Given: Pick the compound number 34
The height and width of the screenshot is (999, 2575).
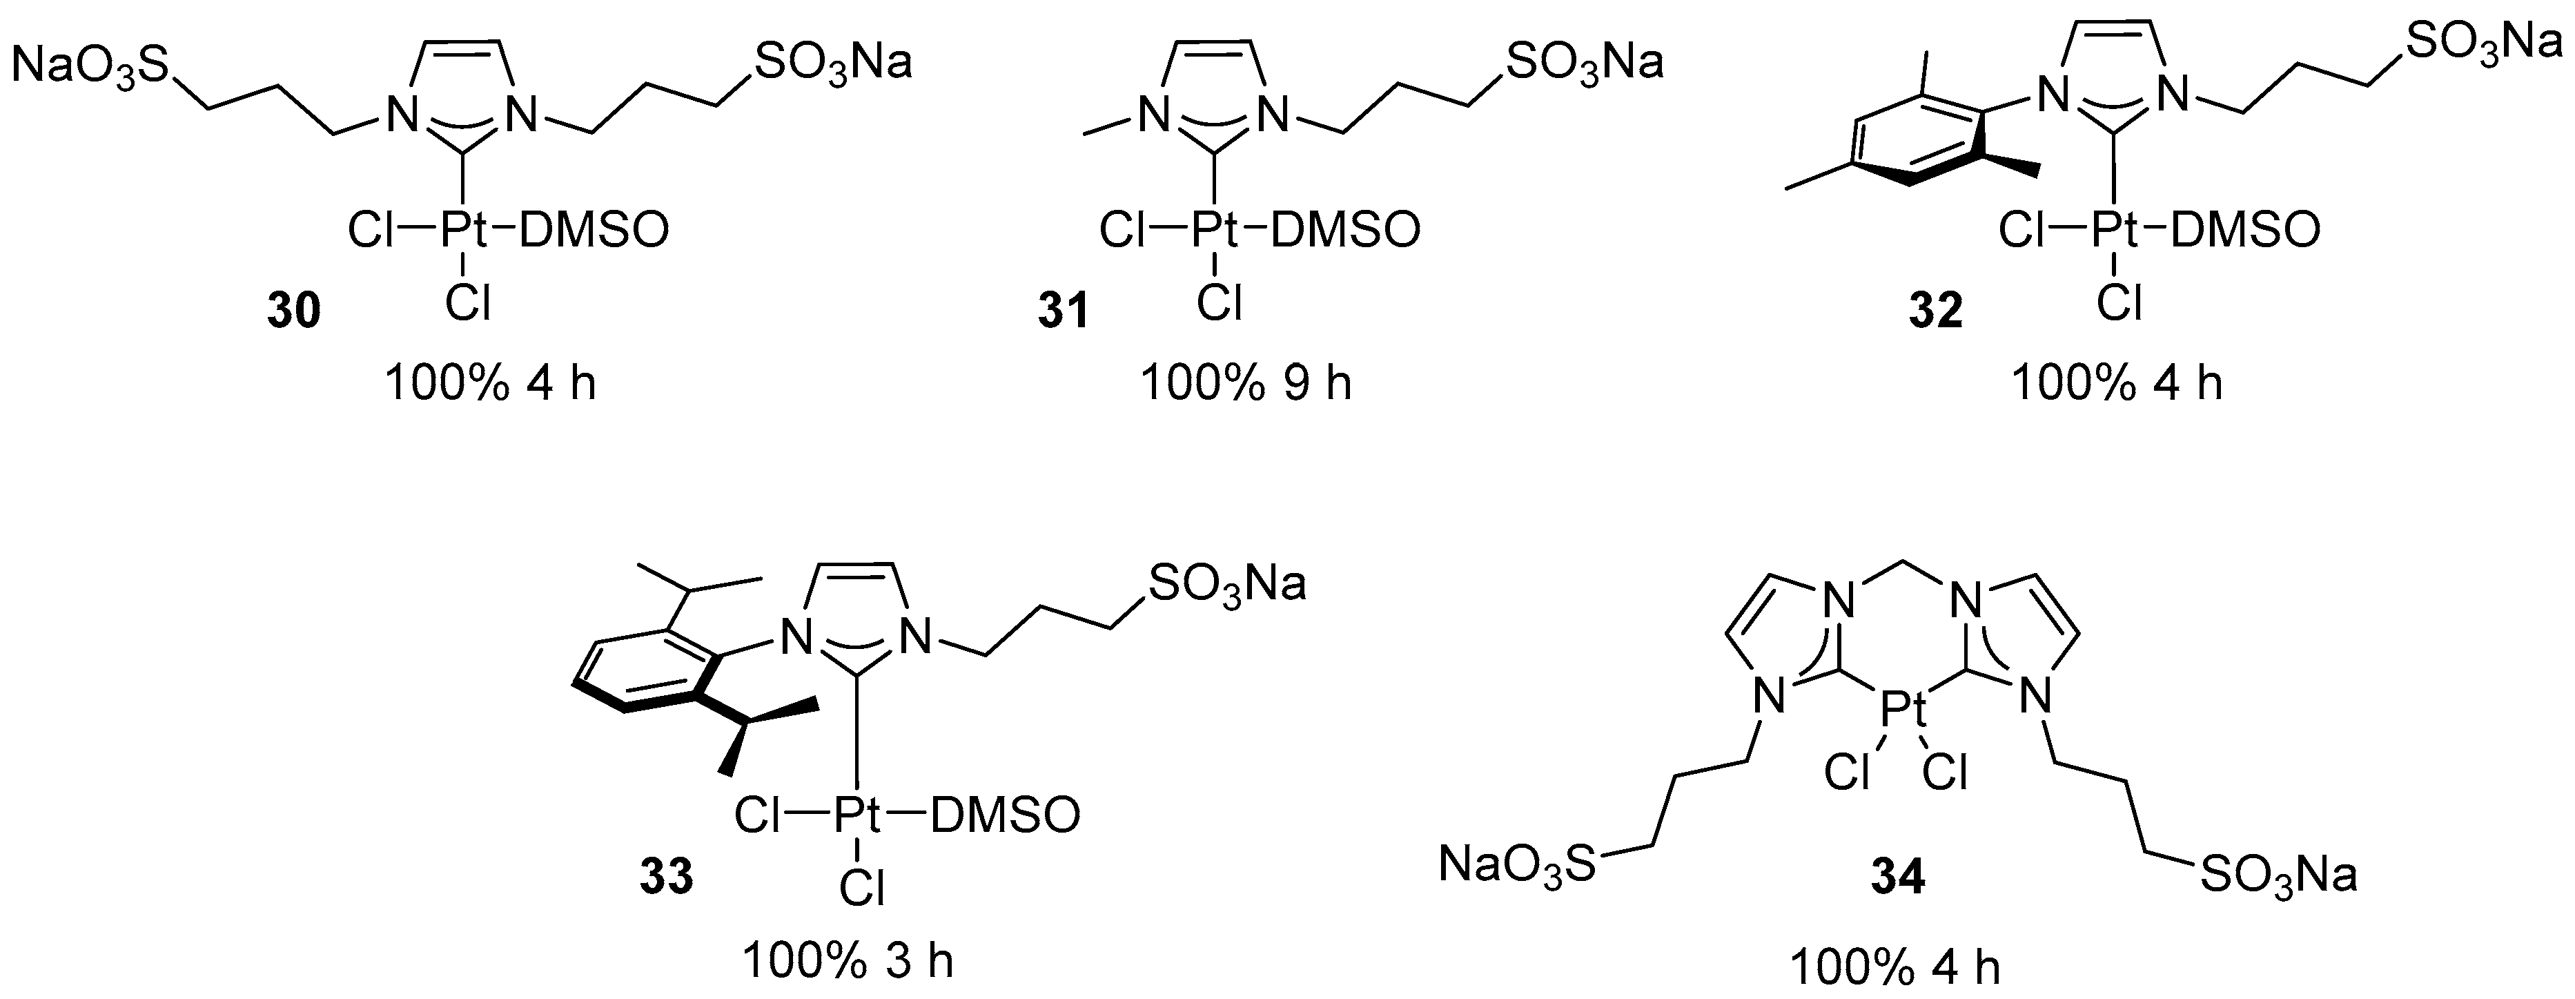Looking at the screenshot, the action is pyautogui.click(x=1897, y=877).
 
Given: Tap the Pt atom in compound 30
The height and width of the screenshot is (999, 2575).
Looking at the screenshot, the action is pyautogui.click(x=464, y=232).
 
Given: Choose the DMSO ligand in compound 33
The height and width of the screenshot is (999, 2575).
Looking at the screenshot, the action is pyautogui.click(x=1005, y=816).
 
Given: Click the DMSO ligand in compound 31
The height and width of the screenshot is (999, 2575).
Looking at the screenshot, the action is pyautogui.click(x=1344, y=232).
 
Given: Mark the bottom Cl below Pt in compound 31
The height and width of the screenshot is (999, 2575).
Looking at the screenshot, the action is pyautogui.click(x=1219, y=301).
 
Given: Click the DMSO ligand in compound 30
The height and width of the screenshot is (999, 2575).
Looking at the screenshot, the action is pyautogui.click(x=594, y=232).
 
